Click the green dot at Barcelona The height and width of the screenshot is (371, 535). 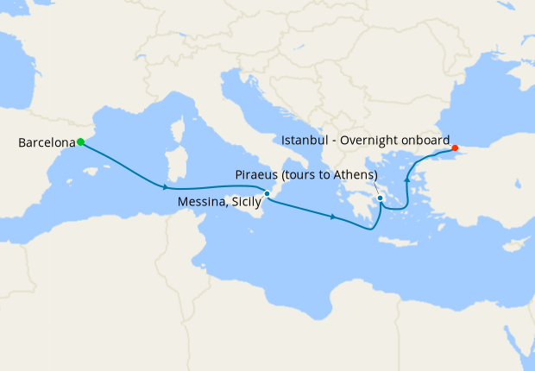coord(80,141)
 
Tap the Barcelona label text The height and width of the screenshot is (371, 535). coord(46,142)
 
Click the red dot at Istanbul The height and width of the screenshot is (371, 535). coord(455,148)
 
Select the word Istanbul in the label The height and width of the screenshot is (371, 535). coord(305,139)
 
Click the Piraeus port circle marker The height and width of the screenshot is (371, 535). coord(380,199)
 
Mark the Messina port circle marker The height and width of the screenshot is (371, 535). coord(267,193)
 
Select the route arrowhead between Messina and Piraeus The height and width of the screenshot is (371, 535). coord(333,217)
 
